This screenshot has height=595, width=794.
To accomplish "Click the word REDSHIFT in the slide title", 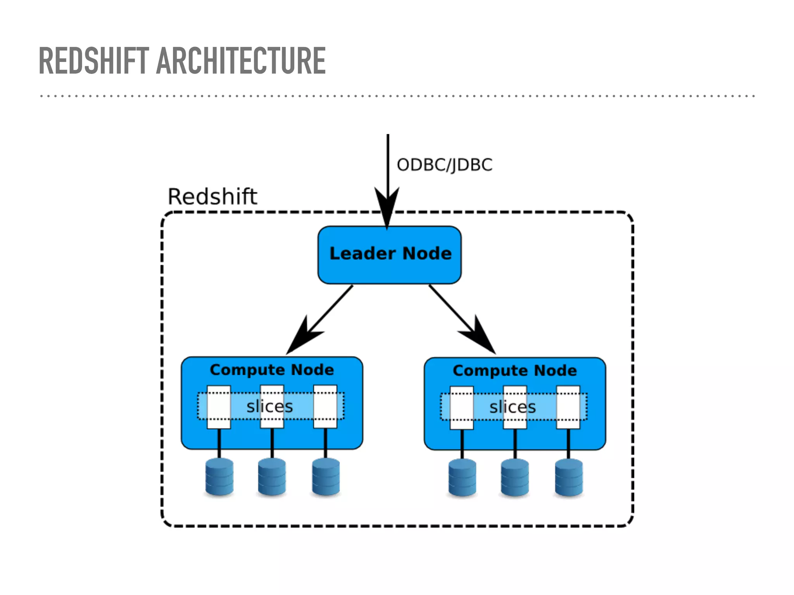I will click(x=94, y=60).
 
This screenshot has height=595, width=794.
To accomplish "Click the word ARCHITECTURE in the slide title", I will click(x=240, y=60).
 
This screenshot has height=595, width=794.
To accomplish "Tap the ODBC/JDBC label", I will click(x=444, y=165).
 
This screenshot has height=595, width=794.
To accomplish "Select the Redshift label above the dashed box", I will click(x=212, y=196).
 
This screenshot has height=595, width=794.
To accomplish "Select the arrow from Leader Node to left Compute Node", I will click(x=322, y=318).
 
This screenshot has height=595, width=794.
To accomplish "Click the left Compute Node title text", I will click(x=272, y=370).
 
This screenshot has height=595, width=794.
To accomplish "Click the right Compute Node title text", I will click(x=514, y=370).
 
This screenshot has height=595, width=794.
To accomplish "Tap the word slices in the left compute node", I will click(x=270, y=406).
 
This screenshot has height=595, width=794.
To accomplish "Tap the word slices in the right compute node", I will click(x=513, y=407).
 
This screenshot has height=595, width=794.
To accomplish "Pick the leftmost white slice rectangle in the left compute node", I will click(x=219, y=407).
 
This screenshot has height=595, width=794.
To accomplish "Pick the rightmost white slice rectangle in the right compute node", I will click(x=568, y=407).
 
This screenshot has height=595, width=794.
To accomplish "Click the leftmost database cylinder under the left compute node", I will click(x=219, y=477).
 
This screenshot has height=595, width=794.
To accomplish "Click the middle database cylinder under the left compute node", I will click(x=272, y=477).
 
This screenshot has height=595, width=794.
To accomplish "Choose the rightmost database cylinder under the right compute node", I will click(x=569, y=478).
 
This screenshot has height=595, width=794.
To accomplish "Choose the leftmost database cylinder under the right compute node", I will click(x=462, y=478).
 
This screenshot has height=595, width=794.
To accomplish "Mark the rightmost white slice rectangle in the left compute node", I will click(x=325, y=406).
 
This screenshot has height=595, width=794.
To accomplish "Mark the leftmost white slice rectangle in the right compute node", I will click(x=461, y=408).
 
